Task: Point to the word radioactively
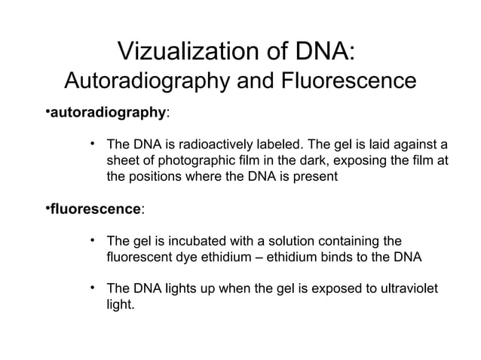[222, 144]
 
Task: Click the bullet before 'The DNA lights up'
[91, 289]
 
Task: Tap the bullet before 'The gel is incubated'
[91, 240]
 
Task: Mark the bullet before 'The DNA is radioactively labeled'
[91, 143]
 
